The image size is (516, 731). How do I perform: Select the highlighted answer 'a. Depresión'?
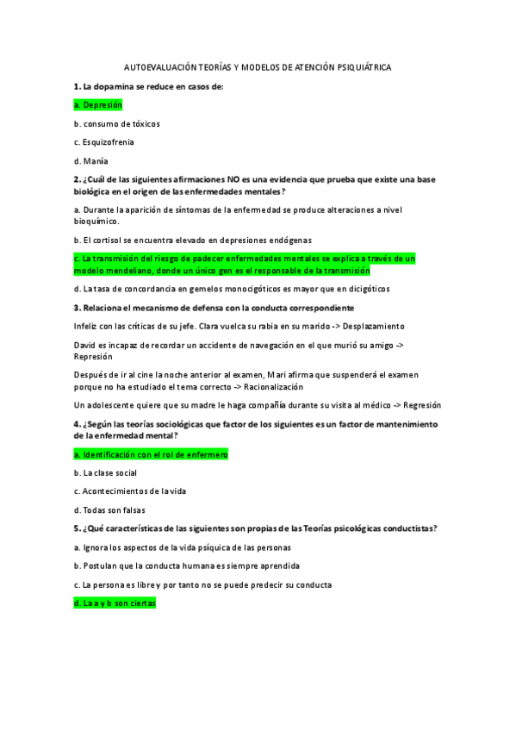[x=98, y=105]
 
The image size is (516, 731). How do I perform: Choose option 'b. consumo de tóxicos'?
[x=116, y=123]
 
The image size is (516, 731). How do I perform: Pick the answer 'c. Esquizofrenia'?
[x=103, y=141]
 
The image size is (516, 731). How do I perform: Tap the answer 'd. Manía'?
[x=90, y=160]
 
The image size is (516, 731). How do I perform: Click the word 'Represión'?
[x=94, y=356]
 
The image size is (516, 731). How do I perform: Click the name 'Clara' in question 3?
[x=210, y=326]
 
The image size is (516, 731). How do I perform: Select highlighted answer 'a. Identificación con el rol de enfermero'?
[x=151, y=454]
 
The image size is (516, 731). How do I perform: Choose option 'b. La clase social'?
[x=106, y=472]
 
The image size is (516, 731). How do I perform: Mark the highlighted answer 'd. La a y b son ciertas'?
[x=115, y=603]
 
